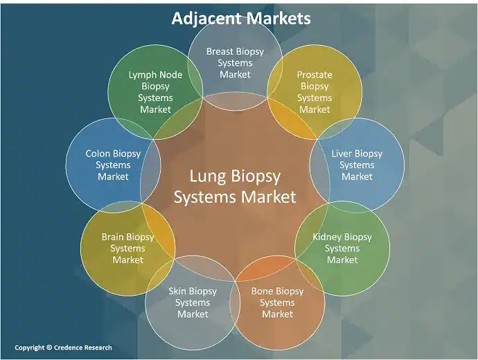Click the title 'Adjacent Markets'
tap(240, 18)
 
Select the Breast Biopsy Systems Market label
tap(235, 63)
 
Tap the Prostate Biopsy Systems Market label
tap(315, 91)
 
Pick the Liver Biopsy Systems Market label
tap(357, 165)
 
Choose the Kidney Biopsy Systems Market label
tap(342, 248)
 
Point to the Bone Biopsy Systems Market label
tap(277, 303)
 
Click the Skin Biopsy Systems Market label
tap(193, 303)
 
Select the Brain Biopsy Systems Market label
tap(128, 248)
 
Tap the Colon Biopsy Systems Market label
tap(113, 165)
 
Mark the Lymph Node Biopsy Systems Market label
tap(155, 91)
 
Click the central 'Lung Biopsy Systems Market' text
tap(235, 186)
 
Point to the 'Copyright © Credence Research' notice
tap(63, 348)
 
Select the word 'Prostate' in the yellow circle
tap(315, 75)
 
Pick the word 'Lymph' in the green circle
tap(142, 75)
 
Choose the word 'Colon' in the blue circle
tap(99, 153)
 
